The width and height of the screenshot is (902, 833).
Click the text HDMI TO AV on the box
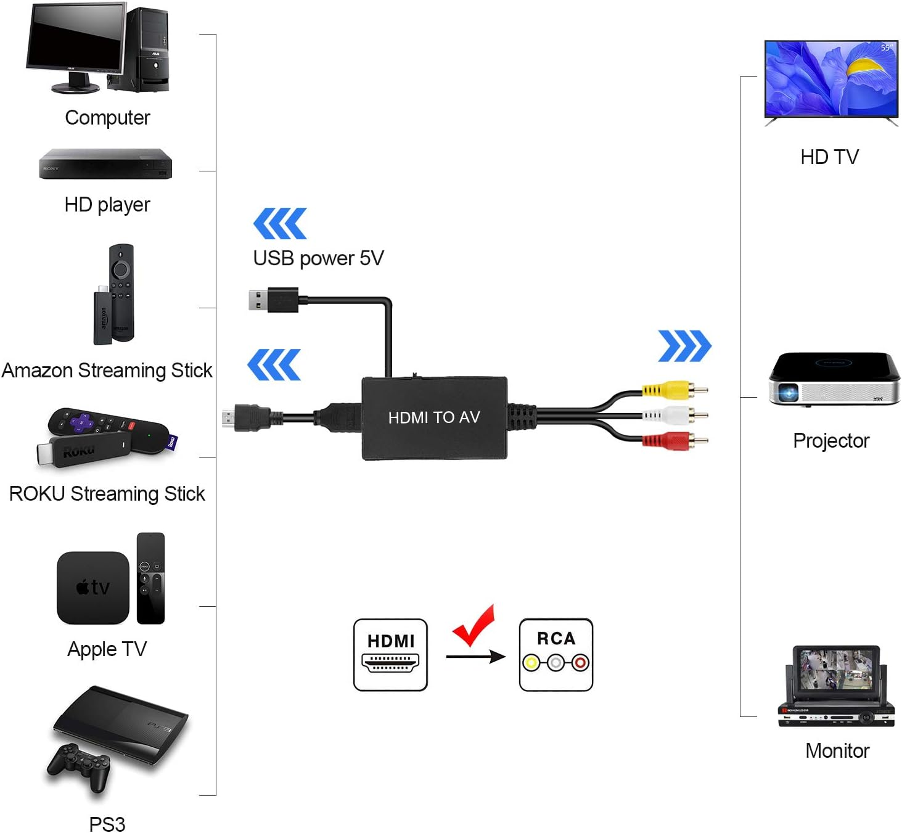click(x=434, y=417)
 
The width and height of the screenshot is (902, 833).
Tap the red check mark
click(x=474, y=625)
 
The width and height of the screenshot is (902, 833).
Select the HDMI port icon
click(x=390, y=655)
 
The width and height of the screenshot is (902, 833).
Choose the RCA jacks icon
click(x=556, y=655)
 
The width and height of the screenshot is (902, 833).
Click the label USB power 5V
click(x=318, y=258)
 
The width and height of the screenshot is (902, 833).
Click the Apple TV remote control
click(x=151, y=578)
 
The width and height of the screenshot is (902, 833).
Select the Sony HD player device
click(x=105, y=164)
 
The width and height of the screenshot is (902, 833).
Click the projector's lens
click(x=788, y=392)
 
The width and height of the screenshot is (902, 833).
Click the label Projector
click(x=831, y=441)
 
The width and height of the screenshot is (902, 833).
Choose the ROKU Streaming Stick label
click(x=107, y=494)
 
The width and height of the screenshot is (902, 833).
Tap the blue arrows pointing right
click(x=684, y=346)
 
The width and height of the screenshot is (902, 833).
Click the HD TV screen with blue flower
click(x=830, y=78)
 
